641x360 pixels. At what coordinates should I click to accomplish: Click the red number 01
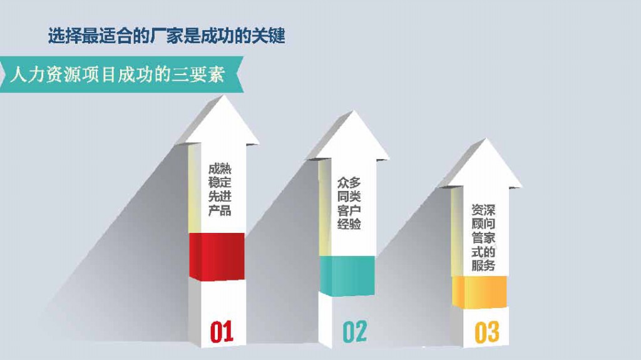[x=222, y=332]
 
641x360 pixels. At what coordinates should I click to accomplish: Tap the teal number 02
[x=354, y=332]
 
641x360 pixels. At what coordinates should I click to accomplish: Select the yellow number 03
[x=487, y=332]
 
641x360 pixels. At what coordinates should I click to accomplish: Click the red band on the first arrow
[x=217, y=257]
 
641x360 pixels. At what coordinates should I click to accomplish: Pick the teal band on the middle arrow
[x=347, y=275]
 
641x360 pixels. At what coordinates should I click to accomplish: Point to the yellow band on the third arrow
[x=479, y=292]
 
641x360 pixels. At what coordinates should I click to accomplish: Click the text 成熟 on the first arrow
[x=220, y=169]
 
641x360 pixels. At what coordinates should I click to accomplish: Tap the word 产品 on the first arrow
[x=220, y=211]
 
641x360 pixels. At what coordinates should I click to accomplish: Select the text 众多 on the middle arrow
[x=349, y=182]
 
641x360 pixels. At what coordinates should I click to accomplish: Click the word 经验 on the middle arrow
[x=349, y=224]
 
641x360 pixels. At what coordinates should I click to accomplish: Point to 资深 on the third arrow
[x=483, y=210]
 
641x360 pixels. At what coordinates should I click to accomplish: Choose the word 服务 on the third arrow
[x=483, y=265]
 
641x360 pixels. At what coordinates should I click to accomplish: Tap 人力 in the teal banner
[x=26, y=75]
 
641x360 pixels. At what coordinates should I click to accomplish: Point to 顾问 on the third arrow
[x=483, y=224]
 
